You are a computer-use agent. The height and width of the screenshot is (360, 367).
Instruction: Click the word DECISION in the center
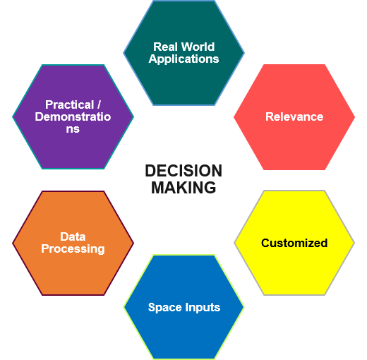(x=183, y=171)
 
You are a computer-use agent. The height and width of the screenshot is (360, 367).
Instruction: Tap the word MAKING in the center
(x=183, y=188)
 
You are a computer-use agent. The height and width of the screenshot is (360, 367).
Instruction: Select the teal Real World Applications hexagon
(x=183, y=53)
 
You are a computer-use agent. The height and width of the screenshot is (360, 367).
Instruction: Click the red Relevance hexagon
(x=294, y=117)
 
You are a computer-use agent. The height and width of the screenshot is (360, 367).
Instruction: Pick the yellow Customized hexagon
(x=294, y=243)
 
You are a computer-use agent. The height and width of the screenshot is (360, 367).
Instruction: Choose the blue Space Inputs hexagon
(x=183, y=307)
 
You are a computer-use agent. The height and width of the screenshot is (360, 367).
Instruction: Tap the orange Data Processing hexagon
(x=73, y=243)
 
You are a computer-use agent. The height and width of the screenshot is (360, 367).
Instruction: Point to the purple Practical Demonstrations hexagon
(x=73, y=116)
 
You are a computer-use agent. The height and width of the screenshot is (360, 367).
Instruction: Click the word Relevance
(x=294, y=116)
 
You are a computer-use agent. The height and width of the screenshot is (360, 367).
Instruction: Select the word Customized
(x=294, y=243)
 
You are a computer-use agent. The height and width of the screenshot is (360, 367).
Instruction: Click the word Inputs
(x=203, y=308)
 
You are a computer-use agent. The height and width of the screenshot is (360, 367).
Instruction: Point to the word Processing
(x=73, y=249)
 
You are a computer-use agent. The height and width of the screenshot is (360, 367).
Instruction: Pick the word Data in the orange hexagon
(x=73, y=236)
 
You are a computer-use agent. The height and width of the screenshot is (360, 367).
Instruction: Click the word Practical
(x=70, y=105)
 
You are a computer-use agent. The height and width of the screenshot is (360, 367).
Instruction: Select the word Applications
(x=183, y=59)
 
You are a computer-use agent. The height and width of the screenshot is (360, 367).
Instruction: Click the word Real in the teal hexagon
(x=165, y=47)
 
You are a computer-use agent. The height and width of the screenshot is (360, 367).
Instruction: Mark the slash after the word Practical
(x=99, y=104)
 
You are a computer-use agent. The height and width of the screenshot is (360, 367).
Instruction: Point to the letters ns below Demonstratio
(x=73, y=129)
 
